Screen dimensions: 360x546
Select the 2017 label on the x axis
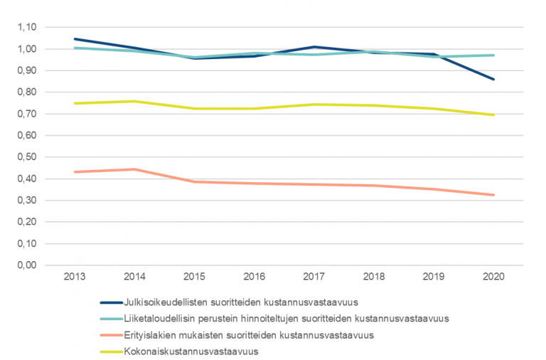[x=314, y=276]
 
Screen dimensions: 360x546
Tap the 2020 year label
[x=493, y=276]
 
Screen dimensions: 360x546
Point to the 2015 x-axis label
[x=194, y=276]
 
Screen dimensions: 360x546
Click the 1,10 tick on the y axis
[x=27, y=27]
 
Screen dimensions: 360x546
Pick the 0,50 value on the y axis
[x=27, y=157]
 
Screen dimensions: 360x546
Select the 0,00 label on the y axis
[x=27, y=265]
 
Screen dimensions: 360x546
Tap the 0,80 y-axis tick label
[x=27, y=92]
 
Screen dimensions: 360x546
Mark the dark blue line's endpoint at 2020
[x=493, y=79]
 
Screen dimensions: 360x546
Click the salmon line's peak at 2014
[x=134, y=169]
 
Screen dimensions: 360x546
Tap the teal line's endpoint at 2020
[x=493, y=55]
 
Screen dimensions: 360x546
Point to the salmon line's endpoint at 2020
[x=493, y=195]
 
